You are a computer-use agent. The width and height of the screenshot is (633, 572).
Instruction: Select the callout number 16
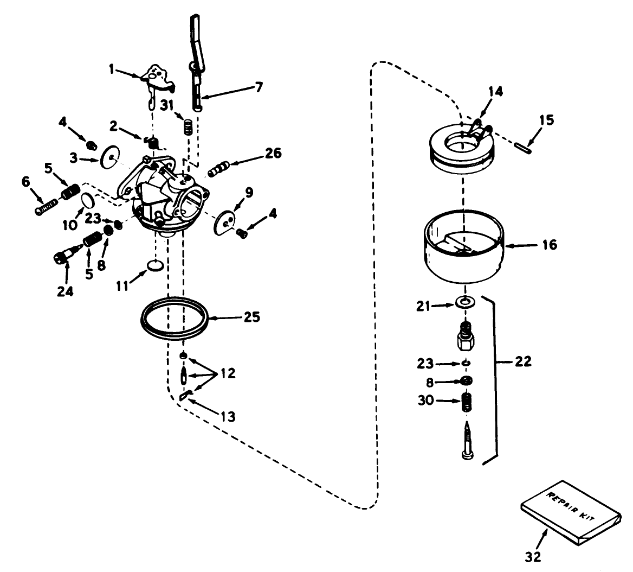click(x=549, y=245)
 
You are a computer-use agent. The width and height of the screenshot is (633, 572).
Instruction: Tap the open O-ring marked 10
click(x=88, y=201)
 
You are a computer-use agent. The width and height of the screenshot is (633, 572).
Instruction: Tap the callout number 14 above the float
click(x=495, y=92)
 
